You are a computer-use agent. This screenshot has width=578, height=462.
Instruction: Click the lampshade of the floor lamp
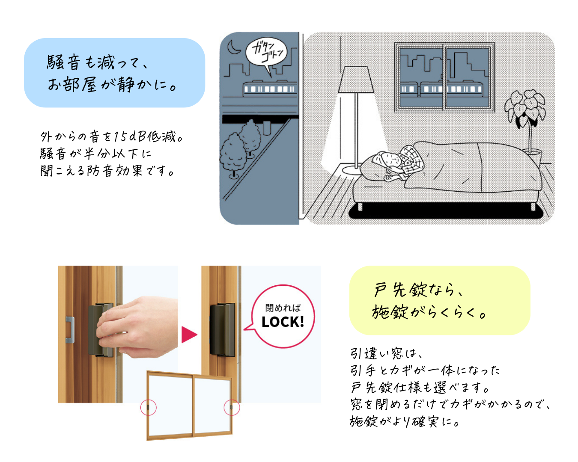coord(356,80)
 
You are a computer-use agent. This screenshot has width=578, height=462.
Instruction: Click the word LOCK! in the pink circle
coord(283,322)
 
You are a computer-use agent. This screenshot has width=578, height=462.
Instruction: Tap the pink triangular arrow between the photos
coord(189,335)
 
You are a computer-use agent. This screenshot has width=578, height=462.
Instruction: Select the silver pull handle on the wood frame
coord(70,330)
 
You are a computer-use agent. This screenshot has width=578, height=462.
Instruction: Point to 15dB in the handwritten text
coord(130,136)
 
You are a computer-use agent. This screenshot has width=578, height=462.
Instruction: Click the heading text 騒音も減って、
coord(97,62)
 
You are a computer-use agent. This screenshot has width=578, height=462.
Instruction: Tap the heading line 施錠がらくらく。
coord(429,312)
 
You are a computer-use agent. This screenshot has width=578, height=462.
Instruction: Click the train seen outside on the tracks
coord(270,88)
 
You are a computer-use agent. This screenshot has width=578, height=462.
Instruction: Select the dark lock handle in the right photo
coord(222,330)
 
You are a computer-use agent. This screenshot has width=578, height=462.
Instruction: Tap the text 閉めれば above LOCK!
coord(283,308)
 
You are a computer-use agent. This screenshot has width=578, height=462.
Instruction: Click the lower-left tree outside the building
coord(232,156)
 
